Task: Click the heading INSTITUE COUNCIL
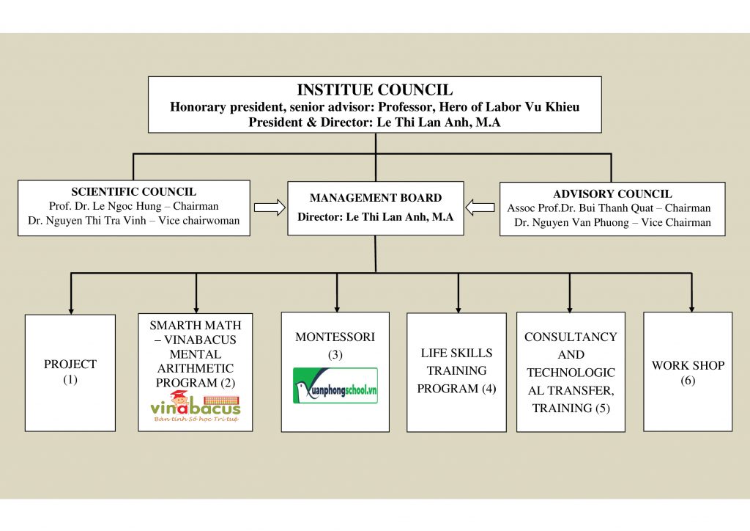374,90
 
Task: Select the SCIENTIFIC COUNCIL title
133,191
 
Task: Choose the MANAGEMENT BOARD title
376,198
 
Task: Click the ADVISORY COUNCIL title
612,194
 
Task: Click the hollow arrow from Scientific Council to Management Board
270,208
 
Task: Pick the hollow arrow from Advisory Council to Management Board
480,208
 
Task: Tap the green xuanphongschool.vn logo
335,386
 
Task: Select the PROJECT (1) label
70,372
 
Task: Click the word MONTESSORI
335,337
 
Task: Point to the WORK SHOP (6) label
688,373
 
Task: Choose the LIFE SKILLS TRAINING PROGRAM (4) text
456,370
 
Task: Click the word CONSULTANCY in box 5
571,337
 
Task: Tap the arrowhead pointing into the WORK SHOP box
691,310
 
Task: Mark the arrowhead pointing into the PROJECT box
71,311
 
